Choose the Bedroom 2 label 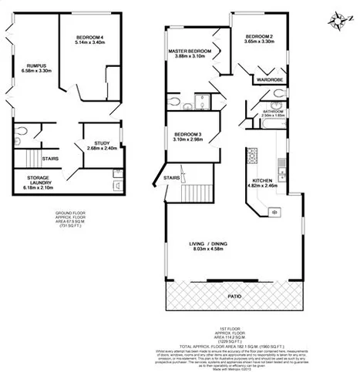[x=259, y=38]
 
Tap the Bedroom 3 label [x=189, y=136]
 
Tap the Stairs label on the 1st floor [x=172, y=178]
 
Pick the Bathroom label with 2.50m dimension [x=273, y=112]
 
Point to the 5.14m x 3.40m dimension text [x=91, y=43]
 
